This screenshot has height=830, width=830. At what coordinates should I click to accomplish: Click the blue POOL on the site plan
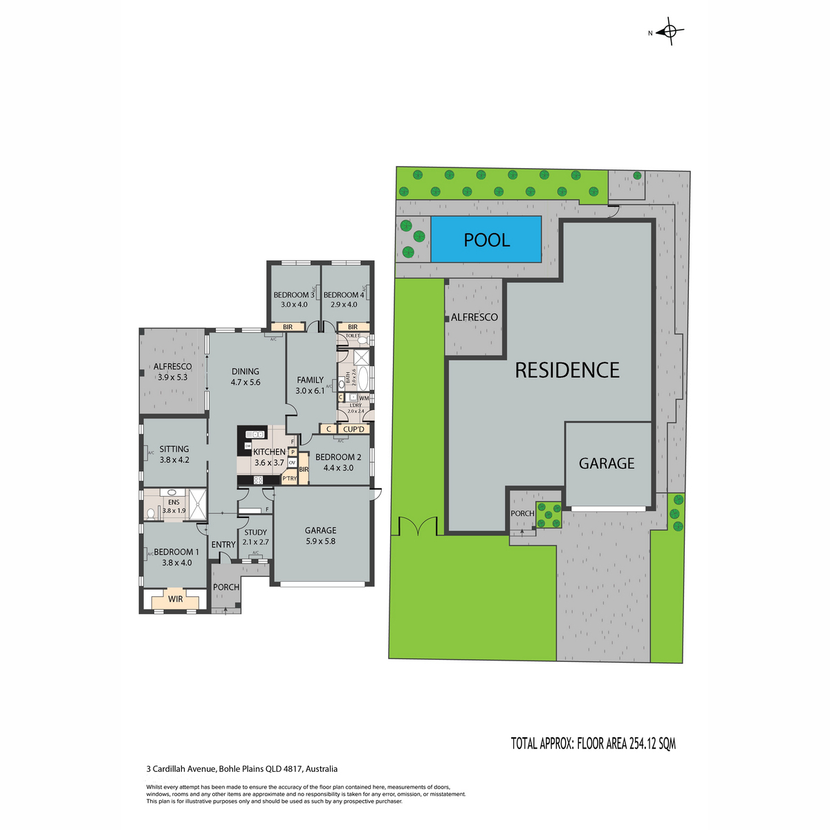click(486, 239)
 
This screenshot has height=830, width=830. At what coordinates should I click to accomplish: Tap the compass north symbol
click(669, 32)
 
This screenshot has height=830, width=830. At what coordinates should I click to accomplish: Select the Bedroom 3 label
click(293, 295)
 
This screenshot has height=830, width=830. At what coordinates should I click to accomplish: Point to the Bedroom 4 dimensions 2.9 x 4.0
click(344, 304)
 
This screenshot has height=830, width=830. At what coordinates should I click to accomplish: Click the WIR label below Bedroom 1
click(176, 598)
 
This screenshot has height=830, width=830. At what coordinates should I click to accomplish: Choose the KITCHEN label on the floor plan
click(269, 452)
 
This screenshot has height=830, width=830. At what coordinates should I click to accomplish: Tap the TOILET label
click(353, 335)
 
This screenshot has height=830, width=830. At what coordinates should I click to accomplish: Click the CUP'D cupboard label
click(353, 429)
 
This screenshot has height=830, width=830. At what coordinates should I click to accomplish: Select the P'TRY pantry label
click(289, 478)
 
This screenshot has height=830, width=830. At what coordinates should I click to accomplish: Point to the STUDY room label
click(255, 533)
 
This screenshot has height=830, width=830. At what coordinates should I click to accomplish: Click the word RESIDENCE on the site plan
click(567, 370)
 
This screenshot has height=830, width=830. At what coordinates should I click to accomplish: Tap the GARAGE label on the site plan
click(607, 463)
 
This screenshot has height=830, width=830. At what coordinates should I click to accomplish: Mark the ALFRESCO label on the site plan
click(474, 317)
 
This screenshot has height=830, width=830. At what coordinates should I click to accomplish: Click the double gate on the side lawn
click(418, 527)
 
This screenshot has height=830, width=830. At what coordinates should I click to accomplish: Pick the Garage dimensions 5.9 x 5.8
click(320, 541)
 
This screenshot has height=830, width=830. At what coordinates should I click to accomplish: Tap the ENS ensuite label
click(173, 503)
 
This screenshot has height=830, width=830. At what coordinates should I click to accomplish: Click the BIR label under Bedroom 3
click(288, 327)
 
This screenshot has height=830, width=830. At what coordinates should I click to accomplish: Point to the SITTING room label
click(174, 449)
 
